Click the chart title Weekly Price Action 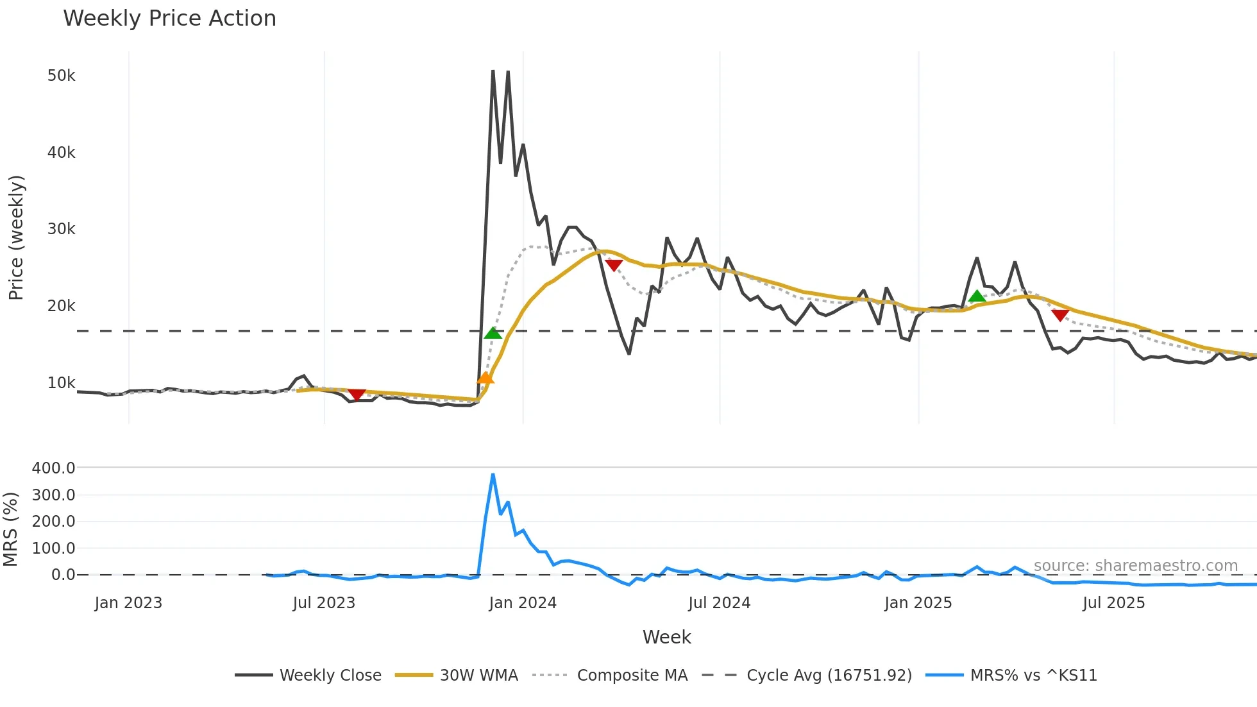tap(169, 19)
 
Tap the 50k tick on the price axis tap(61, 76)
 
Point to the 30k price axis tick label tap(61, 229)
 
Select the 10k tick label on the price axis tap(61, 383)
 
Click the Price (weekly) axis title tap(16, 237)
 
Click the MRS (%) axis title tap(10, 529)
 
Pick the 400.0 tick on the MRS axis tap(53, 468)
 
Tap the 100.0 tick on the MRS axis tap(53, 549)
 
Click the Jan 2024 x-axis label tap(522, 603)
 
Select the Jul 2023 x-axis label tap(324, 603)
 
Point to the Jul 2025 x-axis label tap(1113, 603)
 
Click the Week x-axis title tap(666, 637)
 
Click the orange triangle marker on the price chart tap(485, 378)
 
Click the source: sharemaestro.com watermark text tap(1135, 566)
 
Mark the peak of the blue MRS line tap(493, 475)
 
